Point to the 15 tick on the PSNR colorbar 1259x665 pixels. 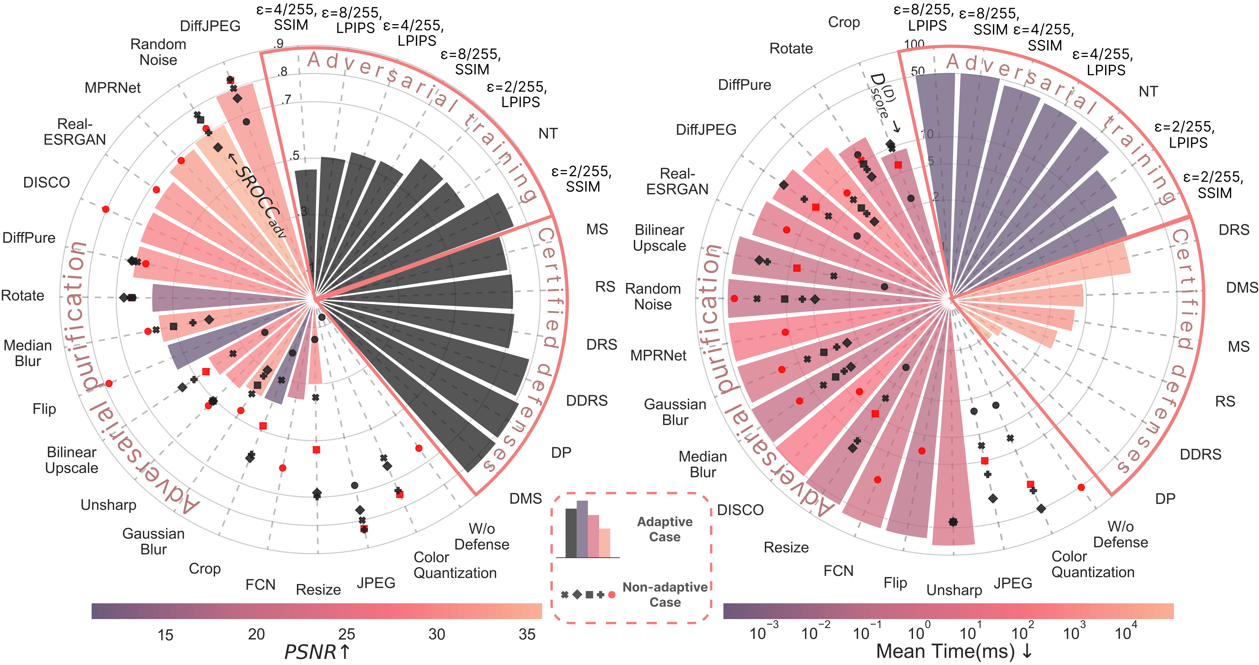point(165,635)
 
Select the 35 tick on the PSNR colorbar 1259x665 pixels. point(527,634)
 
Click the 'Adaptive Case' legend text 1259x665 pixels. point(665,529)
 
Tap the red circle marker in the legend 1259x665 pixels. point(611,595)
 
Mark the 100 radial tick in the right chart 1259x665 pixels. point(914,44)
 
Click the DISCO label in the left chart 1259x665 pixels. point(47,182)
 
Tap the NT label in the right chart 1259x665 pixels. point(1148,91)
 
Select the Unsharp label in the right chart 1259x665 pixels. point(954,590)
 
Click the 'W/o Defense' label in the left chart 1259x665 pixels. point(481,536)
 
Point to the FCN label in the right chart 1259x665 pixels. point(838,571)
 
